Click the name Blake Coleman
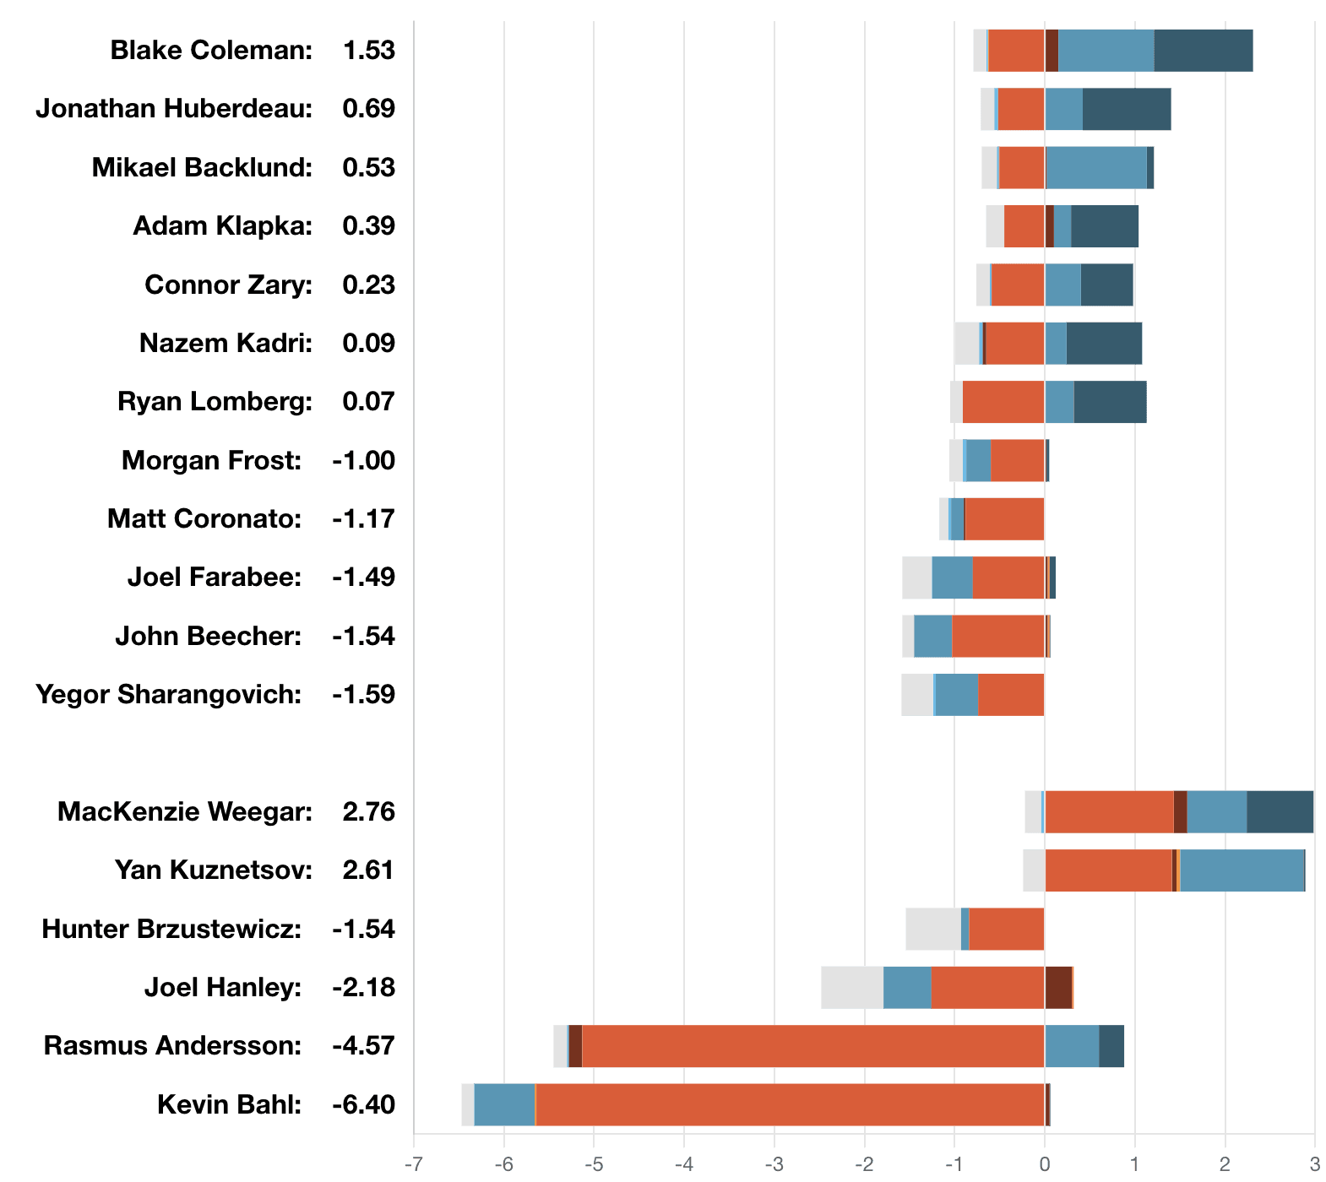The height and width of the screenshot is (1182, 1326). pyautogui.click(x=211, y=51)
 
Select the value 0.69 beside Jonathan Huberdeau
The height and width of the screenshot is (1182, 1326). pyautogui.click(x=368, y=109)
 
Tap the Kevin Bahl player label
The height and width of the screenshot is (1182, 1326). pyautogui.click(x=229, y=1104)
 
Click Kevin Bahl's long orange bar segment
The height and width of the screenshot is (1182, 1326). pyautogui.click(x=790, y=1104)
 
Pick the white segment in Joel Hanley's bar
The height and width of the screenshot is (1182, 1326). pyautogui.click(x=851, y=988)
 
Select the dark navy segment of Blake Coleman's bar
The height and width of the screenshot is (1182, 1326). pyautogui.click(x=1203, y=51)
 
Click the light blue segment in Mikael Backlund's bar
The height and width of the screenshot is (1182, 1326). pyautogui.click(x=1096, y=167)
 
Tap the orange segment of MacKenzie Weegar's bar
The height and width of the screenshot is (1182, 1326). pyautogui.click(x=1108, y=811)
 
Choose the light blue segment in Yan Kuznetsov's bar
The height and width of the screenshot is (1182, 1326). pyautogui.click(x=1242, y=870)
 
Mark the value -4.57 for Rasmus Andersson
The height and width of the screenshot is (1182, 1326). pyautogui.click(x=363, y=1046)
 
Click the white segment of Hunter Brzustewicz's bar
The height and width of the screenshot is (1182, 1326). pyautogui.click(x=932, y=929)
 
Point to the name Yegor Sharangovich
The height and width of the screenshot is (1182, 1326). pyautogui.click(x=168, y=695)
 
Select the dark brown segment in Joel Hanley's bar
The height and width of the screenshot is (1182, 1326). pyautogui.click(x=1058, y=988)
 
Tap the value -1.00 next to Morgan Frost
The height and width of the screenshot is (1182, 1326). pyautogui.click(x=363, y=460)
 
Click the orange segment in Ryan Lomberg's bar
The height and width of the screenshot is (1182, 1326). pyautogui.click(x=1003, y=402)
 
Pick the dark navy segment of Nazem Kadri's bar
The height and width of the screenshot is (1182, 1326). pyautogui.click(x=1104, y=343)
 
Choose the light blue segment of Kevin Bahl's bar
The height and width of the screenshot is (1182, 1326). pyautogui.click(x=504, y=1104)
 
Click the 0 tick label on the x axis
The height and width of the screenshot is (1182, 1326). pyautogui.click(x=1045, y=1165)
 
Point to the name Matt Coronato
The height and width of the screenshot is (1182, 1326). pyautogui.click(x=204, y=518)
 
